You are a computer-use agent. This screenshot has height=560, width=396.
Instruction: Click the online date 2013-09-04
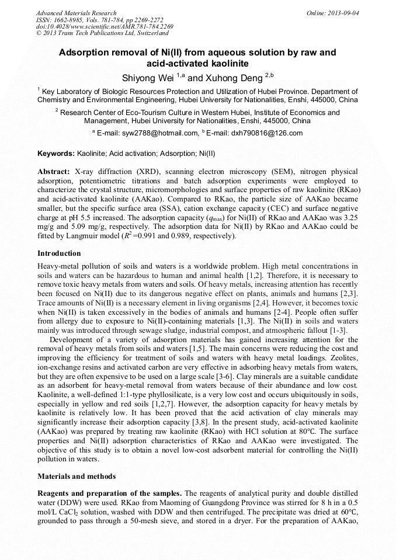click(342, 13)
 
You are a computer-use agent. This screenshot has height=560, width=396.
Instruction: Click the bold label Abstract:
click(54, 172)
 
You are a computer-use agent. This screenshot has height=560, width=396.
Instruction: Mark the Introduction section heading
click(59, 253)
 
